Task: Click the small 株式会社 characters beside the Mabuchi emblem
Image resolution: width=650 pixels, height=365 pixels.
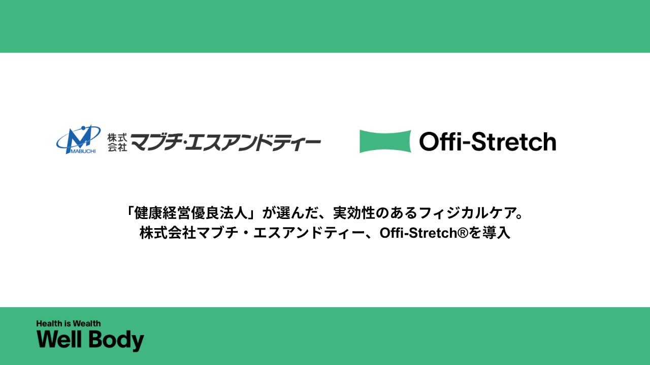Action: [116, 142]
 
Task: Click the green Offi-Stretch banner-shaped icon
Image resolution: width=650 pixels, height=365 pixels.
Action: [385, 141]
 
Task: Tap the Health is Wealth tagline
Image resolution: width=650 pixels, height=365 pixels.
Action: [69, 323]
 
